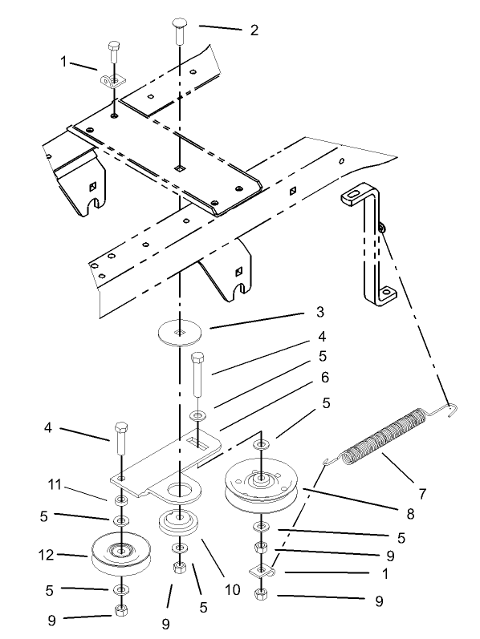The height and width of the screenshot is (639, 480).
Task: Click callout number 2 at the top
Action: point(254,30)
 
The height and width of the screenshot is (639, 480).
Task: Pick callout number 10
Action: point(233,590)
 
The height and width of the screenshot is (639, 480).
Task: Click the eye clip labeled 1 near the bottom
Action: point(262,571)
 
